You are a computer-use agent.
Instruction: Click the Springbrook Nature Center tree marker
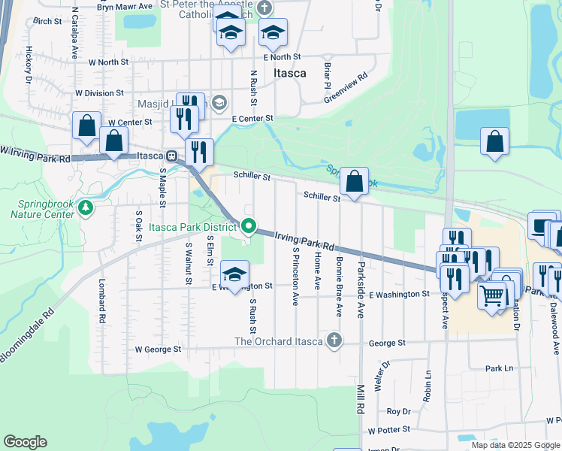(86, 207)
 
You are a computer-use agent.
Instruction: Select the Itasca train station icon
(172, 156)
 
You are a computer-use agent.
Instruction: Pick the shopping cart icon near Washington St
(493, 295)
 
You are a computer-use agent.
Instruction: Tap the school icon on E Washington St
(235, 274)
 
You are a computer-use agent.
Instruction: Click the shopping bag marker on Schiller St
(354, 181)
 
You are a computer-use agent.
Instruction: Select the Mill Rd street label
(361, 397)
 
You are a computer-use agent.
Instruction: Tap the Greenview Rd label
(346, 87)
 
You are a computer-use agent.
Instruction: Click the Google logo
(25, 442)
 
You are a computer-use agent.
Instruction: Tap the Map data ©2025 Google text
(515, 445)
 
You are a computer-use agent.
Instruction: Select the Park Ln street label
(498, 368)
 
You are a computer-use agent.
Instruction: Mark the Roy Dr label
(398, 411)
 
